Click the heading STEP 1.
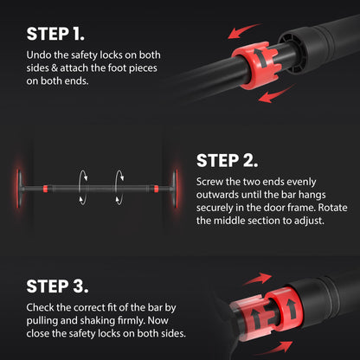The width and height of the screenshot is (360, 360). (55, 34)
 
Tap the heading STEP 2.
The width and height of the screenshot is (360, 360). (227, 161)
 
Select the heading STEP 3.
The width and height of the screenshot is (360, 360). (57, 286)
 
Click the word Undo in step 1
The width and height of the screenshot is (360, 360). (36, 55)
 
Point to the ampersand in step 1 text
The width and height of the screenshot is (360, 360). (55, 68)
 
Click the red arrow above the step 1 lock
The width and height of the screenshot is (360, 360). (243, 31)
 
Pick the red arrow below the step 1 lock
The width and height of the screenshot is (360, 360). (275, 94)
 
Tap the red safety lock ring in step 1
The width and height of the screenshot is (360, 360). (254, 65)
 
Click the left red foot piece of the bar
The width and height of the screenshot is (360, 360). (18, 188)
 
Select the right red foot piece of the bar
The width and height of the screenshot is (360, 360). (177, 188)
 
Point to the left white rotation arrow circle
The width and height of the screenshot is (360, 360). (83, 188)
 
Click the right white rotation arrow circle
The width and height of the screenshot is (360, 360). (119, 188)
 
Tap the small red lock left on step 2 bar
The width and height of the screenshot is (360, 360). (45, 189)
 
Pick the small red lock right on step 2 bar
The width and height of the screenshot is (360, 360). (156, 189)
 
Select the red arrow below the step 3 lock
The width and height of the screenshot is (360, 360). (274, 348)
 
